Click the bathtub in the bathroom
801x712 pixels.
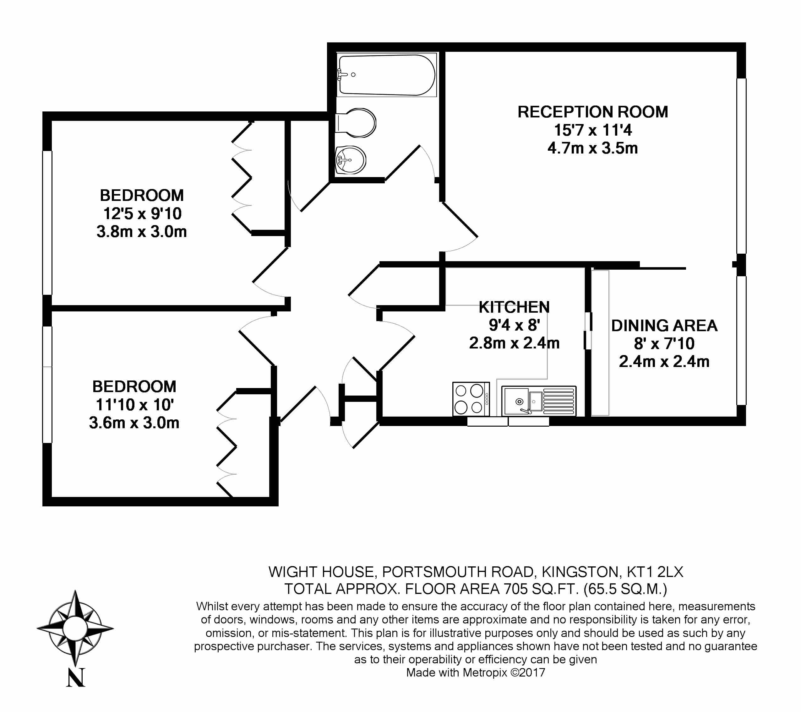pyautogui.click(x=387, y=75)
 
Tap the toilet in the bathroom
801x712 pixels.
pyautogui.click(x=356, y=122)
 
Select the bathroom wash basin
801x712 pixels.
pyautogui.click(x=351, y=160)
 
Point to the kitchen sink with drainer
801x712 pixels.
pyautogui.click(x=539, y=401)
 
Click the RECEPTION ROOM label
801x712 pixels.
pyautogui.click(x=592, y=112)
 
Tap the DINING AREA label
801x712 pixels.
pyautogui.click(x=664, y=326)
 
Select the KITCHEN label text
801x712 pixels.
pyautogui.click(x=514, y=307)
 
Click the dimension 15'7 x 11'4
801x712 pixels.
pyautogui.click(x=592, y=130)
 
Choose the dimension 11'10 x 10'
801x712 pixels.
pyautogui.click(x=134, y=405)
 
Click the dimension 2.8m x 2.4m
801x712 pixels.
pyautogui.click(x=514, y=343)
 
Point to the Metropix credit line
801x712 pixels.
pyautogui.click(x=475, y=672)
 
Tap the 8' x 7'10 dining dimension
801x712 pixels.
pyautogui.click(x=664, y=343)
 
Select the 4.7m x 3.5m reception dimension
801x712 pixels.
pyautogui.click(x=592, y=148)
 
